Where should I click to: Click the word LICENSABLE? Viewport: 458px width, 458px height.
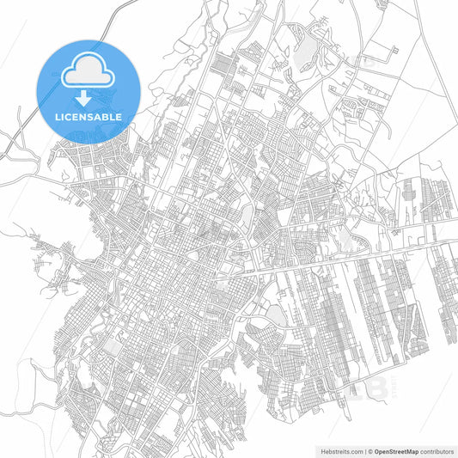pos(89,116)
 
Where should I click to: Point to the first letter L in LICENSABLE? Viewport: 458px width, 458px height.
pos(58,116)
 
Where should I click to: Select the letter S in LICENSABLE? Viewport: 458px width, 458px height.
pos(92,116)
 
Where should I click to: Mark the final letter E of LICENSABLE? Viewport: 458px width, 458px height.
pos(119,116)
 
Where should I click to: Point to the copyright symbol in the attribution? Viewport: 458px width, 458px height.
pos(370,450)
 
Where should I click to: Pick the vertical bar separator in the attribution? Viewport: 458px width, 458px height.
pos(364,450)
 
